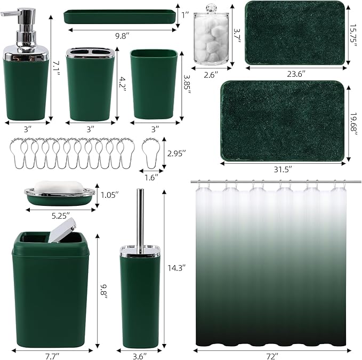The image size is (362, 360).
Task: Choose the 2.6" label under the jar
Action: tap(211, 75)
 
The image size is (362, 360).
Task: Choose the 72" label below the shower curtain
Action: tap(277, 355)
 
